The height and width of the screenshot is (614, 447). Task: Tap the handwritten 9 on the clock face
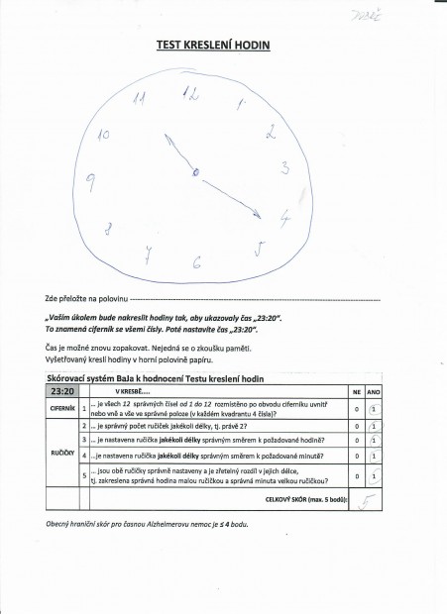tap(90, 179)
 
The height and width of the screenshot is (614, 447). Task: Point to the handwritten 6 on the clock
tap(196, 262)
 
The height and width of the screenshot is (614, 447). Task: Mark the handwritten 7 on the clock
tap(147, 255)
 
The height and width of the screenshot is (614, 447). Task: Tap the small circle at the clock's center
tap(195, 173)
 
